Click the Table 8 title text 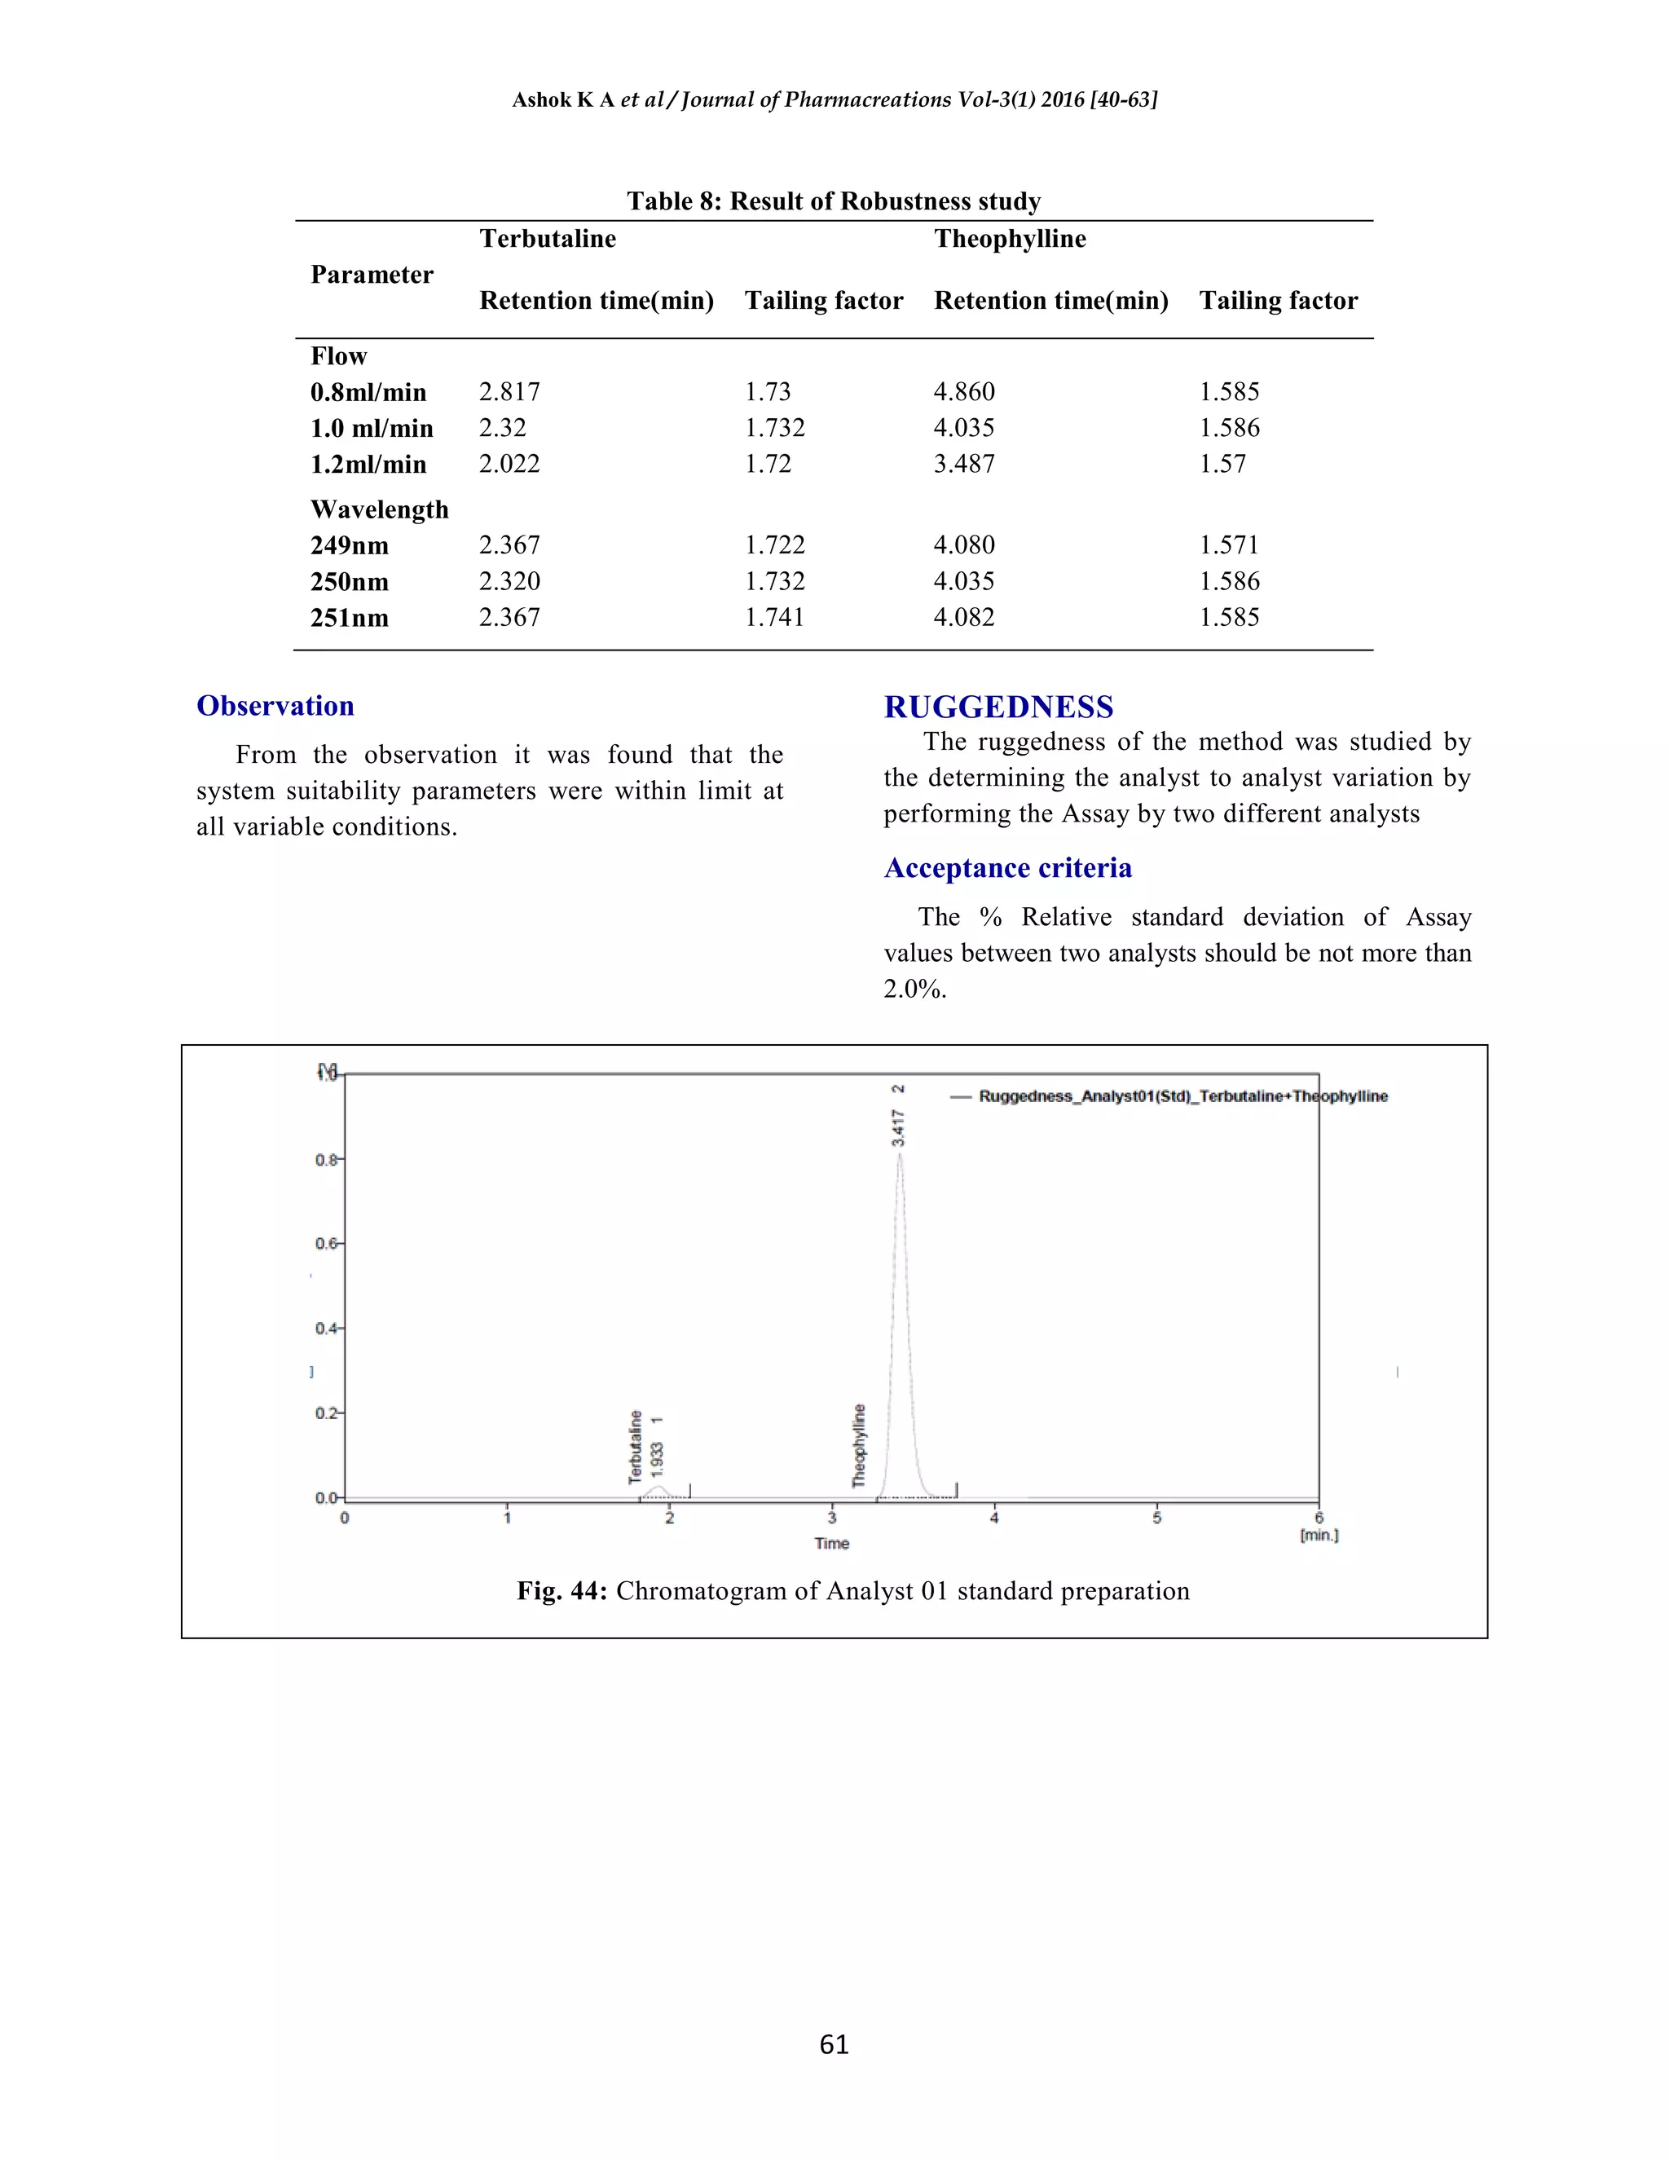(834, 202)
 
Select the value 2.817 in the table (509, 391)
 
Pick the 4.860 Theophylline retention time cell (964, 391)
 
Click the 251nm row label (349, 618)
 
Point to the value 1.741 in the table (774, 617)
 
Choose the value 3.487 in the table (964, 464)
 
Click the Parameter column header (372, 274)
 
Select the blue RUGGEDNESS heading (997, 708)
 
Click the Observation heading (275, 705)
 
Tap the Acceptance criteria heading (1007, 867)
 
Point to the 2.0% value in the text (914, 989)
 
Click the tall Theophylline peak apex (899, 1155)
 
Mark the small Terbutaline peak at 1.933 (658, 1488)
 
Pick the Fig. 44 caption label (561, 1591)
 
